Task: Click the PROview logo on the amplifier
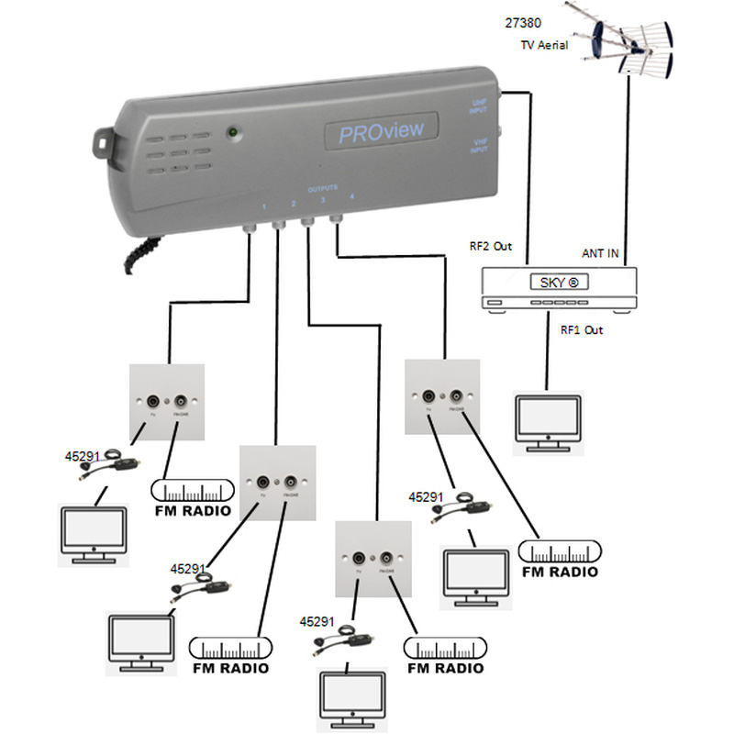pyautogui.click(x=381, y=131)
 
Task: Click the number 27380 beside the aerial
pyautogui.click(x=522, y=21)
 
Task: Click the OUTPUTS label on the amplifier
pyautogui.click(x=322, y=187)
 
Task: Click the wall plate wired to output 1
pyautogui.click(x=167, y=401)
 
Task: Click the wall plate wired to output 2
pyautogui.click(x=277, y=484)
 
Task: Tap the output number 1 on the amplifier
pyautogui.click(x=264, y=206)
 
